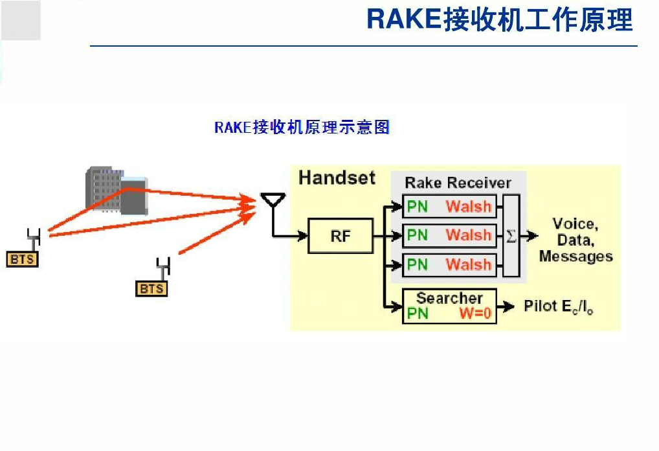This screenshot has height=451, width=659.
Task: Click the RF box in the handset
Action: [341, 236]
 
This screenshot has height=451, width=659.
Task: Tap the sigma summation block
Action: [511, 236]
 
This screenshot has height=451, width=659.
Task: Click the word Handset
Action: [337, 178]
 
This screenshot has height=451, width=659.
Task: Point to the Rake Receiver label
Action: [458, 183]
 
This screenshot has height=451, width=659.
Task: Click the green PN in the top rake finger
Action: [417, 207]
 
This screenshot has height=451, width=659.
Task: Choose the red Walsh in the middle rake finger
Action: [469, 235]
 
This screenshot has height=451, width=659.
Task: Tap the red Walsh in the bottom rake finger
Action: [469, 264]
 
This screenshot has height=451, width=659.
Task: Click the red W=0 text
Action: [475, 314]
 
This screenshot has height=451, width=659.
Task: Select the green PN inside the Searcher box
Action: [418, 314]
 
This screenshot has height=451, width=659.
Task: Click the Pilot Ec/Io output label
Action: [559, 306]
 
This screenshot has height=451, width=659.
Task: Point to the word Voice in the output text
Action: [575, 224]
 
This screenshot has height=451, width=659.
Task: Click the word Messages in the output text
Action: [575, 256]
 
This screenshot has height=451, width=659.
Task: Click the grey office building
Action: [117, 191]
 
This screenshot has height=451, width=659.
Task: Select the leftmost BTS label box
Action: [22, 259]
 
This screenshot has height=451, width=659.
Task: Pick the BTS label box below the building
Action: [151, 288]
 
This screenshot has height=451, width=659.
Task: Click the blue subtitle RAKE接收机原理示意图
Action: [302, 127]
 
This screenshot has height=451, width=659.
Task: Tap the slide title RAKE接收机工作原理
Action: [499, 19]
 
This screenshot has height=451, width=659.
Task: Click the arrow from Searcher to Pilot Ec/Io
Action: [506, 306]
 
